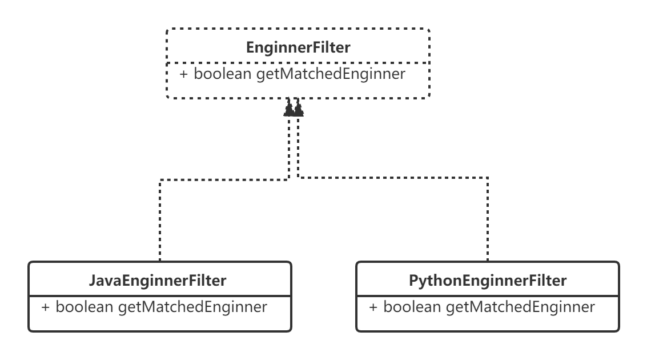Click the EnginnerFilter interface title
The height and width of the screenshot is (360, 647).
[x=298, y=48]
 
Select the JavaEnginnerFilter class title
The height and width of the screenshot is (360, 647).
[x=158, y=281]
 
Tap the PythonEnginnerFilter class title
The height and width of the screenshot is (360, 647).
[x=488, y=281]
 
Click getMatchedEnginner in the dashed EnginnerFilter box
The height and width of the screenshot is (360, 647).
[x=331, y=74]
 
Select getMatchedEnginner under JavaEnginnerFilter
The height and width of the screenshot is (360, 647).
[x=193, y=307]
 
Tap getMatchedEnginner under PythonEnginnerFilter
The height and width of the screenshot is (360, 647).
[x=521, y=307]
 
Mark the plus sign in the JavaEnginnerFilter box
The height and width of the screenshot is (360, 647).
[x=46, y=307]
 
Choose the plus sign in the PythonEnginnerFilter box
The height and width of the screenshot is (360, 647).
[x=373, y=307]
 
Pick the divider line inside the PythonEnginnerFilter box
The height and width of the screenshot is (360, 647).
[x=488, y=297]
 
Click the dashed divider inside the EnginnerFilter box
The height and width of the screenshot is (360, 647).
[x=298, y=63]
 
